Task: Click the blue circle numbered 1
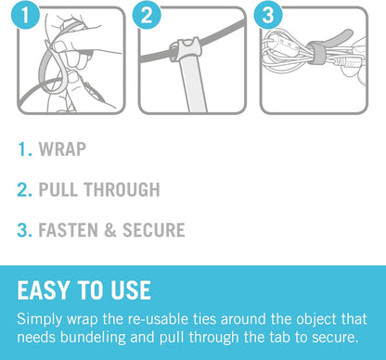25,15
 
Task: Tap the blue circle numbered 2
147,15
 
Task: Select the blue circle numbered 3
268,15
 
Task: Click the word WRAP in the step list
62,149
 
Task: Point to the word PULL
58,189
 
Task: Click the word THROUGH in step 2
122,189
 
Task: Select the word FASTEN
69,230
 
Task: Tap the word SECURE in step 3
154,230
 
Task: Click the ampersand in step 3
110,230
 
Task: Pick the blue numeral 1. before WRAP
25,149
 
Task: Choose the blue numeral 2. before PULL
25,189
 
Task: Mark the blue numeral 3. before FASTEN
25,230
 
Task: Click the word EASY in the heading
43,290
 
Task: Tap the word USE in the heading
131,290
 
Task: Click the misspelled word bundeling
93,337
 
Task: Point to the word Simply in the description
40,319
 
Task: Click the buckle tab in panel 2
184,49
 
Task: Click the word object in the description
316,319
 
